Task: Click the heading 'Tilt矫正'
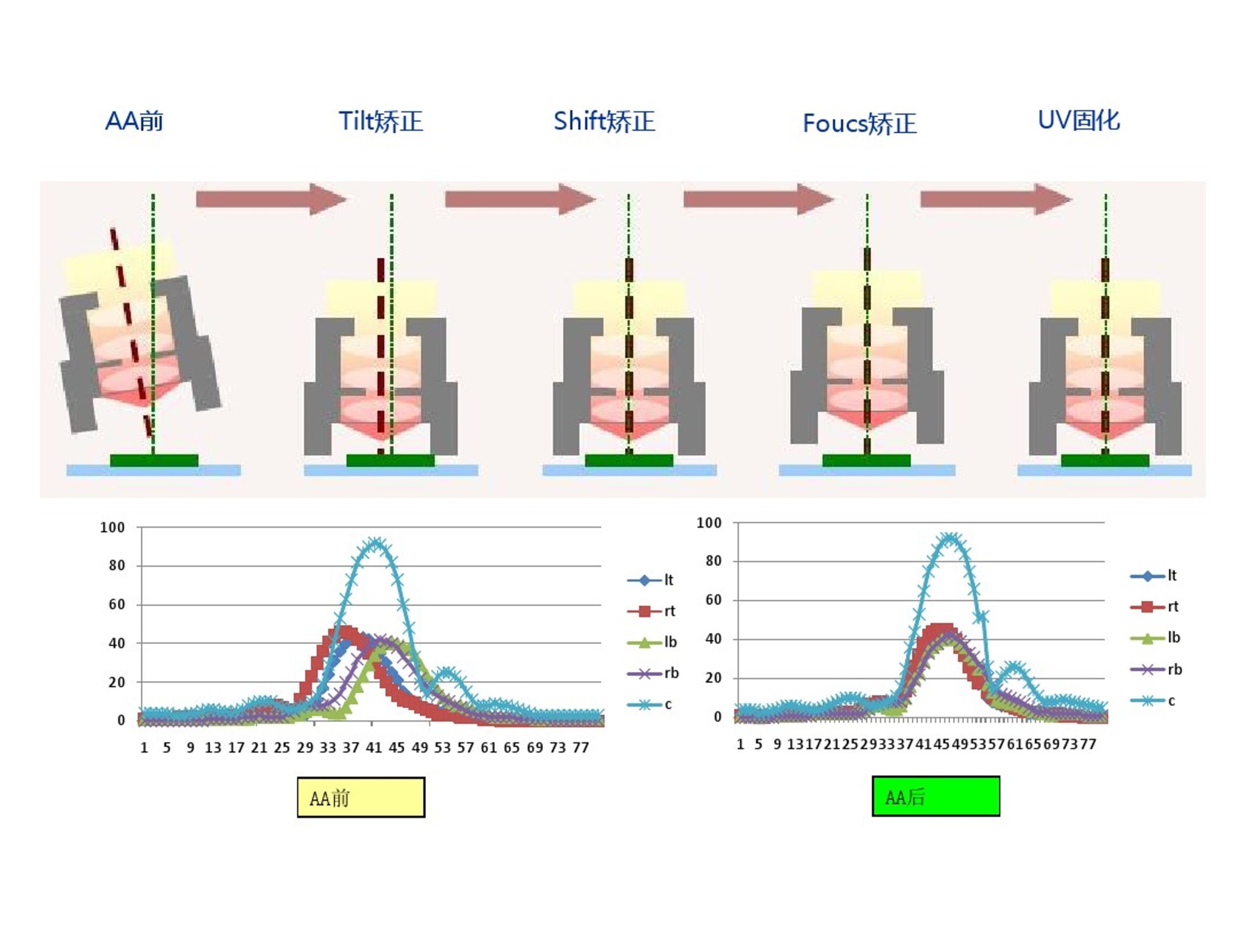pos(381,122)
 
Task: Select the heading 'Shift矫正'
pos(604,122)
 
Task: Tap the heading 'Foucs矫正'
pos(860,124)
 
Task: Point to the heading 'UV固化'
pos(1079,120)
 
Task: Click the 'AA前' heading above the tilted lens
pos(134,121)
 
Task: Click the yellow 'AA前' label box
pos(361,797)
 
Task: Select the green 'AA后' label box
pos(936,796)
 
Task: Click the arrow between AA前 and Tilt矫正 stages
pos(271,199)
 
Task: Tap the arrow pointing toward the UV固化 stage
pos(997,199)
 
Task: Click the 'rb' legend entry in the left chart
pos(653,673)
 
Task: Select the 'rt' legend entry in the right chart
pos(1154,606)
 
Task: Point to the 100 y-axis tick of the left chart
pos(112,528)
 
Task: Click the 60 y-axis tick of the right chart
pos(713,600)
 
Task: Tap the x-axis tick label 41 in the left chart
pos(373,748)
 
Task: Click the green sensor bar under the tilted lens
pos(154,460)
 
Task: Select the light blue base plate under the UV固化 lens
pos(1104,470)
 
